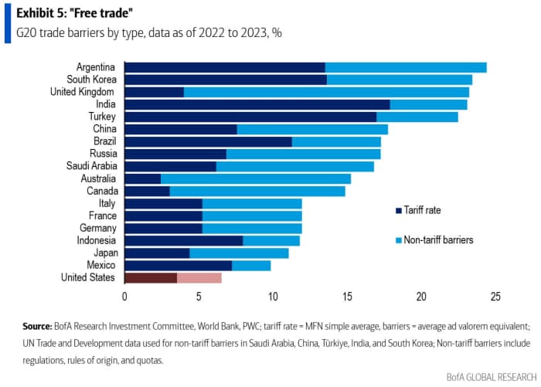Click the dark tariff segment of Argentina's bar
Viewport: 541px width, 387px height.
[x=224, y=67]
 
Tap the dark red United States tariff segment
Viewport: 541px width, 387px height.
[x=151, y=277]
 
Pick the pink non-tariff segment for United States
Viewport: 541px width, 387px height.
[x=199, y=277]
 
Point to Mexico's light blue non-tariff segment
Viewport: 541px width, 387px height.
[x=251, y=265]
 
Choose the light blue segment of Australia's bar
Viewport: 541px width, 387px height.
[x=256, y=178]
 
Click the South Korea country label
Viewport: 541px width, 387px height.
[x=91, y=80]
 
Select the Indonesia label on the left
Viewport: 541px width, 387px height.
[x=96, y=240]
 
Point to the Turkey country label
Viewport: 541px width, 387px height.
[x=102, y=117]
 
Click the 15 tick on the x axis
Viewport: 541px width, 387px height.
[x=347, y=296]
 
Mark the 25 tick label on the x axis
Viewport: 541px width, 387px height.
[x=495, y=296]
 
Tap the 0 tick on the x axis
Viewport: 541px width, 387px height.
[x=124, y=296]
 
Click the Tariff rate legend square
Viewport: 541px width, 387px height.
[x=398, y=209]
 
